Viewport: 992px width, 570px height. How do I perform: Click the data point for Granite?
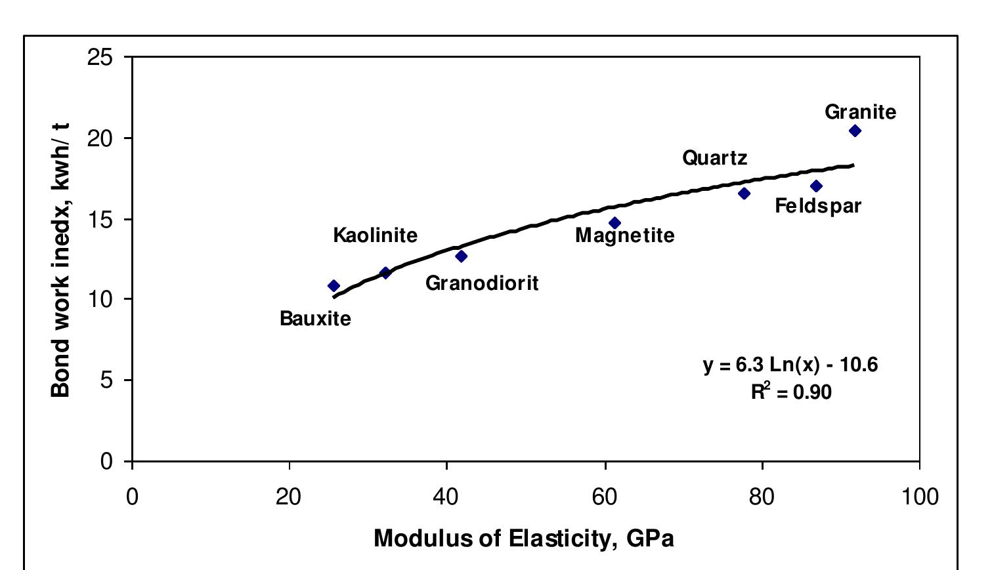coord(855,131)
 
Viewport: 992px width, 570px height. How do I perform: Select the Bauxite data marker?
coord(334,285)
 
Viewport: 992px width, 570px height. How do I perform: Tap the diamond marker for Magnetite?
coord(615,223)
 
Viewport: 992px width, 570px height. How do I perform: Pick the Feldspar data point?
coord(816,186)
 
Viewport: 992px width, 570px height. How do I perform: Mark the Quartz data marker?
coord(744,193)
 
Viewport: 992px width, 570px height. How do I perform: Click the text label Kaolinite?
coord(375,235)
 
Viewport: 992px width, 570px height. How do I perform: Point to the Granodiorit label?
coord(482,283)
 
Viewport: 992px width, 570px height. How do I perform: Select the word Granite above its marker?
coord(860,112)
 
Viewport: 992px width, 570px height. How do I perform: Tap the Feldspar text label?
coord(817,206)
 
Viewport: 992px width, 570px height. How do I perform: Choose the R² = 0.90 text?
coord(791,392)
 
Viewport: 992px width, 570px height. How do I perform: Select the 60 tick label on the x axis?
coord(605,497)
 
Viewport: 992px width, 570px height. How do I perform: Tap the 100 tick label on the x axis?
coord(919,497)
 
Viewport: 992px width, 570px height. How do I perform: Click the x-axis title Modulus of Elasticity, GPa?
coord(523,539)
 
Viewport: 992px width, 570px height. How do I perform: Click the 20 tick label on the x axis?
coord(289,497)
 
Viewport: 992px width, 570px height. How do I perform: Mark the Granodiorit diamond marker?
coord(462,256)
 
